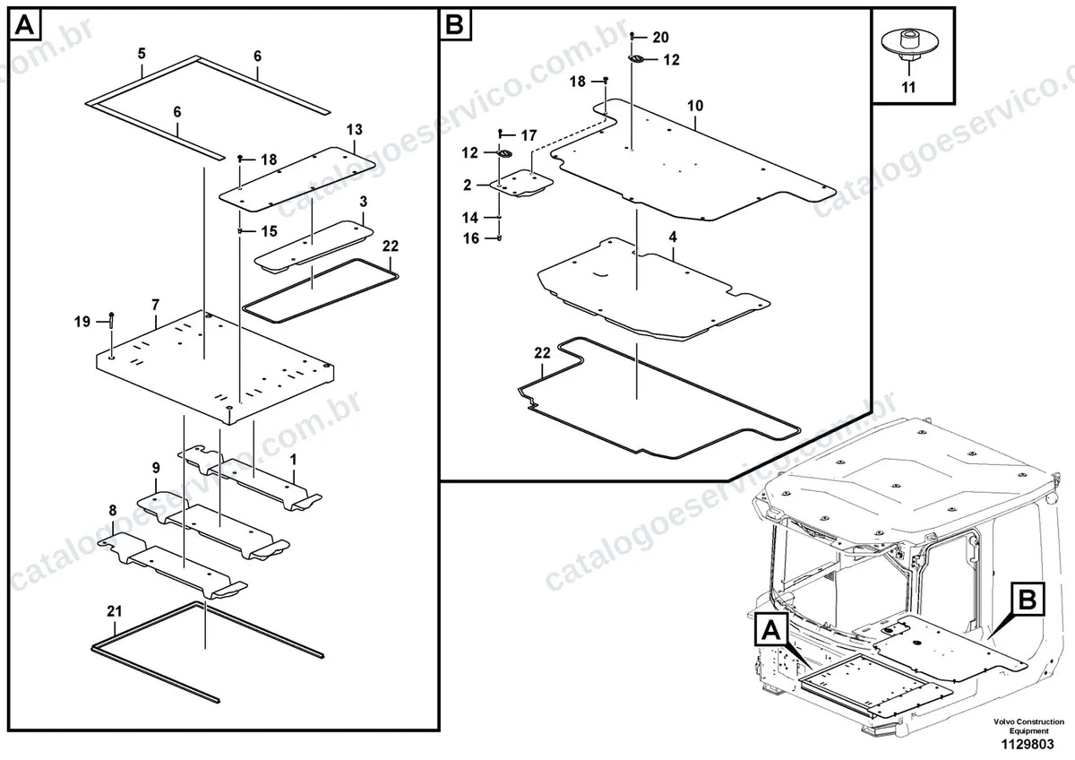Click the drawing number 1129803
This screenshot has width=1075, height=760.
pyautogui.click(x=1028, y=745)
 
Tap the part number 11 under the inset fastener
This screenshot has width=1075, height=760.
pyautogui.click(x=908, y=87)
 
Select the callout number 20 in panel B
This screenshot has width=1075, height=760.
pyautogui.click(x=660, y=38)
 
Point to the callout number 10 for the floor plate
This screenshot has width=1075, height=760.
pyautogui.click(x=695, y=106)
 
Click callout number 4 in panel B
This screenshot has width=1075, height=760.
pyautogui.click(x=673, y=237)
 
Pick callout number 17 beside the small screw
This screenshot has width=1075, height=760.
pyautogui.click(x=529, y=136)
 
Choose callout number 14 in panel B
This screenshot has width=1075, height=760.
pyautogui.click(x=470, y=218)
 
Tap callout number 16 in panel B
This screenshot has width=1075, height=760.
pyautogui.click(x=471, y=238)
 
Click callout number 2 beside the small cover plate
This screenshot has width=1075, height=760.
pyautogui.click(x=468, y=186)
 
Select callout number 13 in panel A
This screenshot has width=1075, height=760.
pyautogui.click(x=355, y=130)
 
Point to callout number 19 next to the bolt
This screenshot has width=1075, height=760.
pyautogui.click(x=82, y=322)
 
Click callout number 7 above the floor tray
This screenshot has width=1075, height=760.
pyautogui.click(x=155, y=305)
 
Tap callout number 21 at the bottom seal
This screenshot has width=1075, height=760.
pyautogui.click(x=115, y=611)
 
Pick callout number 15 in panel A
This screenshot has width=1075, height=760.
pyautogui.click(x=270, y=231)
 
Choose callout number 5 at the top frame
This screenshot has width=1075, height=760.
pyautogui.click(x=142, y=53)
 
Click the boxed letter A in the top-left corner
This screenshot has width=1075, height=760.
pyautogui.click(x=25, y=24)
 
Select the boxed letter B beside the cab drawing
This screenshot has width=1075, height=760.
pyautogui.click(x=1028, y=600)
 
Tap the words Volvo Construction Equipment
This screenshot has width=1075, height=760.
pyautogui.click(x=1028, y=727)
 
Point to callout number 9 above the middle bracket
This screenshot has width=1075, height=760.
pyautogui.click(x=156, y=468)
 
